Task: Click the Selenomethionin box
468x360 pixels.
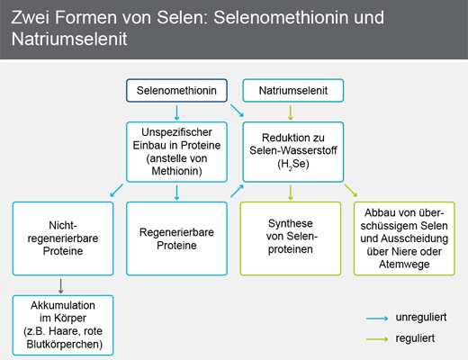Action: (x=176, y=90)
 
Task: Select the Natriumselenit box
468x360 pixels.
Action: (x=293, y=90)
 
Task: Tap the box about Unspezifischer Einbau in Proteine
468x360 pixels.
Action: (x=176, y=152)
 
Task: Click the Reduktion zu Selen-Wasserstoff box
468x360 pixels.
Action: (x=293, y=152)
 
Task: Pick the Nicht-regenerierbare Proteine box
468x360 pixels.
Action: (x=63, y=238)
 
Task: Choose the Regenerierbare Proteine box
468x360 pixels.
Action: (x=176, y=238)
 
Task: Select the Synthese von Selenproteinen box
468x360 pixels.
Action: (x=291, y=238)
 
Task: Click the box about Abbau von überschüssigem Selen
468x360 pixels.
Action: (x=404, y=238)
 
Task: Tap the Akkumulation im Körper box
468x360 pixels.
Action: (x=63, y=325)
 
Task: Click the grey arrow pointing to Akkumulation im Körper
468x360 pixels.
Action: (x=61, y=286)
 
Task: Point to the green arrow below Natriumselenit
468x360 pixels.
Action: (x=290, y=112)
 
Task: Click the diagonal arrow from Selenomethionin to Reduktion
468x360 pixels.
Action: (x=237, y=111)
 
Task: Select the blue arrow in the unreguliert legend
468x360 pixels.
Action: (x=377, y=319)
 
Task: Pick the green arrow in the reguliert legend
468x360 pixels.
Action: (x=377, y=339)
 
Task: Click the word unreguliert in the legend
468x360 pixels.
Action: (x=421, y=318)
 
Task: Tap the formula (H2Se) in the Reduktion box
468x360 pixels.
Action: (x=293, y=165)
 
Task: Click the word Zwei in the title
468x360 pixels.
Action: (x=31, y=17)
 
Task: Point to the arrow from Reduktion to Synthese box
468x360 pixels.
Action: (x=290, y=193)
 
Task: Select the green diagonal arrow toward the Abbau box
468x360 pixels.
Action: (x=351, y=191)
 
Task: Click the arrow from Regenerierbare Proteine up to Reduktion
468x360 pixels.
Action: (x=237, y=191)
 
